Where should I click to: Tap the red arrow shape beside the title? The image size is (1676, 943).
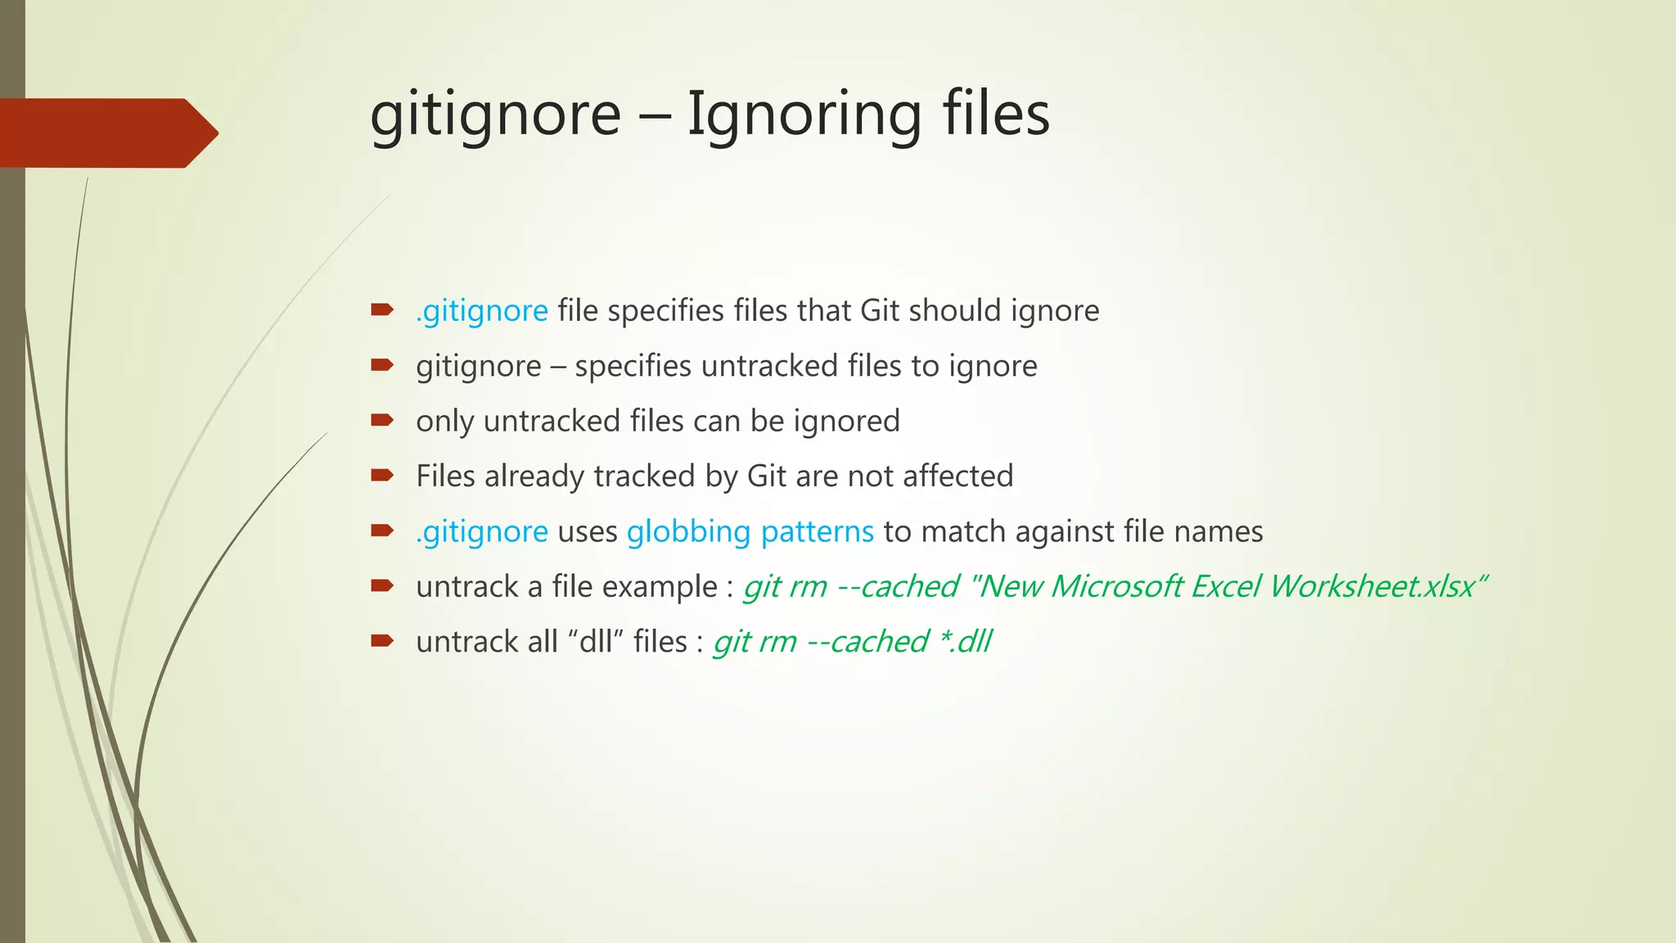(x=106, y=133)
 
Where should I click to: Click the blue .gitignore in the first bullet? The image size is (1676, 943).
(x=481, y=312)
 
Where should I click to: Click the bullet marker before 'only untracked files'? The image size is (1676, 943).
(x=381, y=421)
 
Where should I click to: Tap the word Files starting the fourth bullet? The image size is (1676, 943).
(x=445, y=476)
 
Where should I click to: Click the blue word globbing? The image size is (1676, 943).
(x=688, y=532)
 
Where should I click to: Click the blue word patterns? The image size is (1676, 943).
(x=817, y=532)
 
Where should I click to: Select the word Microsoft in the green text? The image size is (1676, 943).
(x=1116, y=586)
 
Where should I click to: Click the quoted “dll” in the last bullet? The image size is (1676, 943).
(x=596, y=642)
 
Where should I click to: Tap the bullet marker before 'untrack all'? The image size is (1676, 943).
(x=381, y=641)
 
